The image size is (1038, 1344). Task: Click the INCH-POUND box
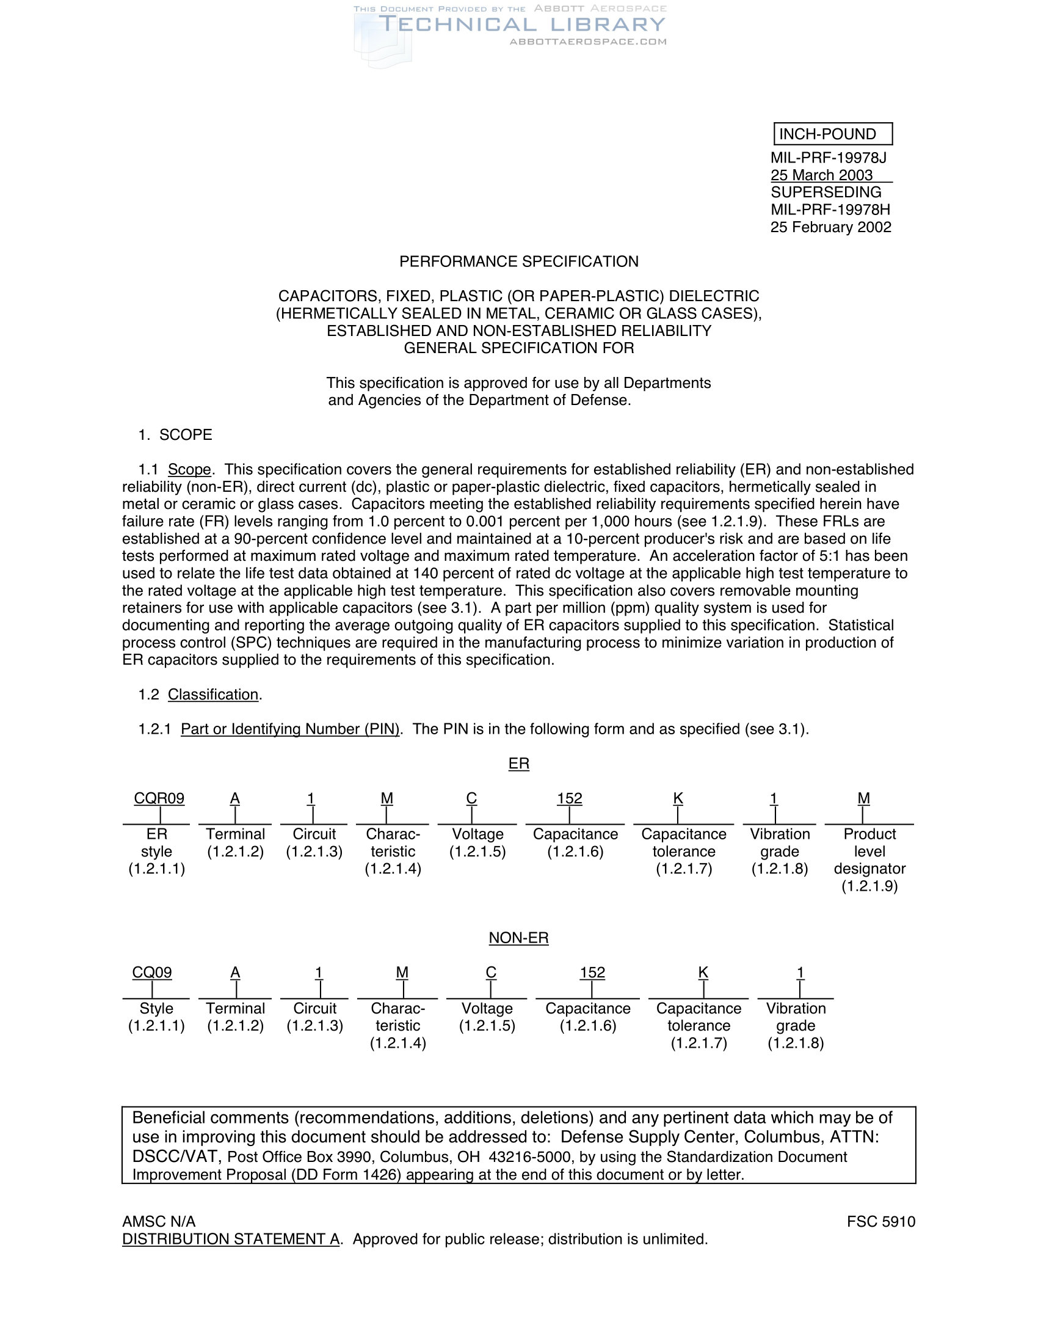tap(832, 134)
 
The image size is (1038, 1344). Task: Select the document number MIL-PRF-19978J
tap(829, 158)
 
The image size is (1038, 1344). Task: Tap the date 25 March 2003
tap(821, 175)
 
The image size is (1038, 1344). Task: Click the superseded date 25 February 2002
tap(830, 227)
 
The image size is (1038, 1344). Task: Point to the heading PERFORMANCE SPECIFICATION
tap(518, 261)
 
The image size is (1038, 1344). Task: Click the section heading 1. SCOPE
tap(175, 435)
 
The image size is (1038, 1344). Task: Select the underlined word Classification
tap(212, 694)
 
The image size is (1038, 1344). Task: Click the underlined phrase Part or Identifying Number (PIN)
tap(289, 729)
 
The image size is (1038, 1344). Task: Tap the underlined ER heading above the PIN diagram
tap(518, 764)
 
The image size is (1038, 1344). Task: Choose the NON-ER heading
tap(518, 938)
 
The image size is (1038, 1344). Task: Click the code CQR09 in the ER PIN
tap(159, 798)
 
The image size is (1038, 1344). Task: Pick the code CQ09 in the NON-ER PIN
tap(152, 973)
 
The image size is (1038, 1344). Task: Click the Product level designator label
tap(869, 860)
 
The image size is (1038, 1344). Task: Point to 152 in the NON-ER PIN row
tap(592, 973)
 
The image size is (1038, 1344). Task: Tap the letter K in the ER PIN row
tap(678, 798)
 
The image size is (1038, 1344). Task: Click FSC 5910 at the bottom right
tap(880, 1222)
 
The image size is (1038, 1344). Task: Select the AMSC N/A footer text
tap(159, 1222)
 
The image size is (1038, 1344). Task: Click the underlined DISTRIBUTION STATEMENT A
tap(231, 1239)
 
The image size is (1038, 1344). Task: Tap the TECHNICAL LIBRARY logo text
tap(521, 24)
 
